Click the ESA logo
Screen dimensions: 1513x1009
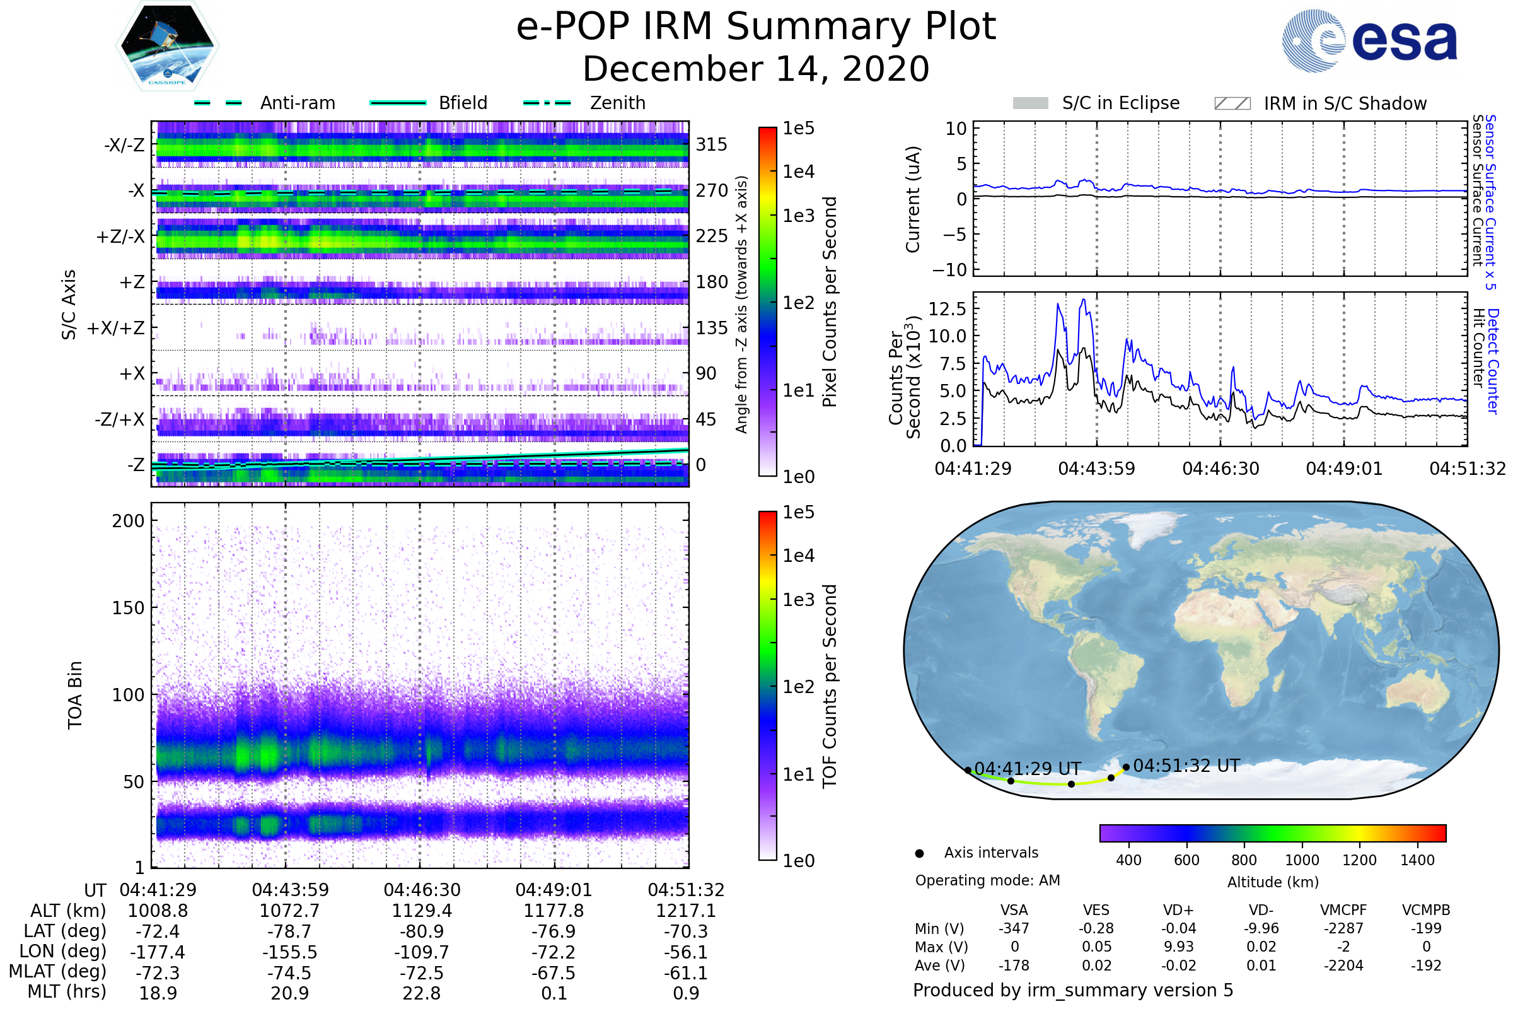click(1369, 40)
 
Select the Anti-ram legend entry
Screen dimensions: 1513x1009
click(264, 103)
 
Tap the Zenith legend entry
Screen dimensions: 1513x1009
click(584, 103)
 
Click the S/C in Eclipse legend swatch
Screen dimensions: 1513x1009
click(1031, 103)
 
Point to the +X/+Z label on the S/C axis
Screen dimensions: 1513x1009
click(116, 328)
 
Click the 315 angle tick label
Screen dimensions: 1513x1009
click(712, 145)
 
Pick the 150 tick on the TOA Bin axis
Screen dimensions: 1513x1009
click(128, 608)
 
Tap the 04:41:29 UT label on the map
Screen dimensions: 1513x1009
click(1028, 769)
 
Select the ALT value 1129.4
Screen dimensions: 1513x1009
click(422, 911)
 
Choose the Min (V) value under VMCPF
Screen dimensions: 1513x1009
click(1343, 928)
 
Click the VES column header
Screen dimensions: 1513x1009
click(1096, 911)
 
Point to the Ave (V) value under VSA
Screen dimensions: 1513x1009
click(1014, 966)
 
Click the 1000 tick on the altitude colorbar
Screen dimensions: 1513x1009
click(1302, 860)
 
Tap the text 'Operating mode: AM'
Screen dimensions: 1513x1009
click(987, 880)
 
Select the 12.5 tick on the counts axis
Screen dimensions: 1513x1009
click(947, 309)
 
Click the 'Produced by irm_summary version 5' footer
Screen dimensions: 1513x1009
click(1073, 990)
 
